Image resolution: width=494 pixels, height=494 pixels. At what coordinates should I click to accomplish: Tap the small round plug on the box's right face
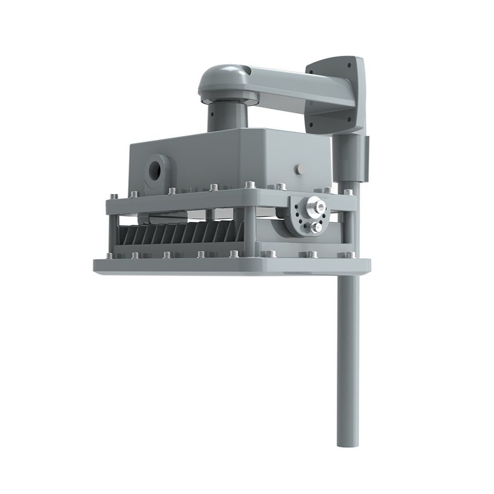tap(298, 169)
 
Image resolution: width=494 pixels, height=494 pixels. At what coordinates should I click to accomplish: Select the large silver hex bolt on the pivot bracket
tap(313, 204)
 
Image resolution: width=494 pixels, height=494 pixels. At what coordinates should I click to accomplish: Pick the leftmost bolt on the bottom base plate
tap(108, 256)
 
